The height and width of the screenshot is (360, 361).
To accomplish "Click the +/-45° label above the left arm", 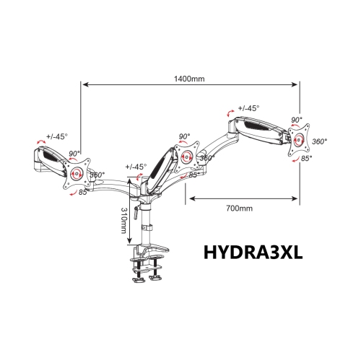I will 57,136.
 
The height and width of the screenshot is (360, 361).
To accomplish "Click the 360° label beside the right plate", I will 319,141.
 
